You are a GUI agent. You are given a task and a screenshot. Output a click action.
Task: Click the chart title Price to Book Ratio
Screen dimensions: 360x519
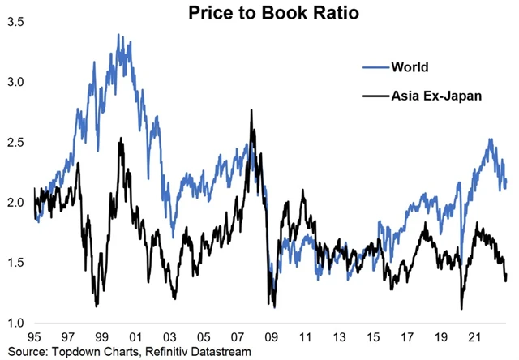(x=259, y=13)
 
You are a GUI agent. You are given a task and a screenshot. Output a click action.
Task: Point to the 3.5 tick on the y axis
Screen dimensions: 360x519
(x=15, y=22)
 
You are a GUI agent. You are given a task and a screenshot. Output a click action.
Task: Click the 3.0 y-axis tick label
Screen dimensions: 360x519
(x=15, y=82)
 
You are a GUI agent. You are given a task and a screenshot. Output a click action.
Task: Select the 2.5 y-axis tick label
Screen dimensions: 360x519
(x=15, y=143)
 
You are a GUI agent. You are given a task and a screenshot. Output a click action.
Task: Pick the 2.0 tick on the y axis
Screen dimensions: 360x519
(x=15, y=203)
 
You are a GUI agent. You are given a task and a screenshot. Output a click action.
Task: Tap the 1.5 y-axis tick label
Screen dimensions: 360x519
(x=15, y=263)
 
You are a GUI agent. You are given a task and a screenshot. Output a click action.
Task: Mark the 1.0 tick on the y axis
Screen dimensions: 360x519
(x=15, y=323)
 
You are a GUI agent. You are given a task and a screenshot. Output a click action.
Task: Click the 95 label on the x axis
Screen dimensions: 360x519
(x=34, y=336)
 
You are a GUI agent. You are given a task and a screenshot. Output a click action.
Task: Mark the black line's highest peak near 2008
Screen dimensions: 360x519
(x=252, y=111)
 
